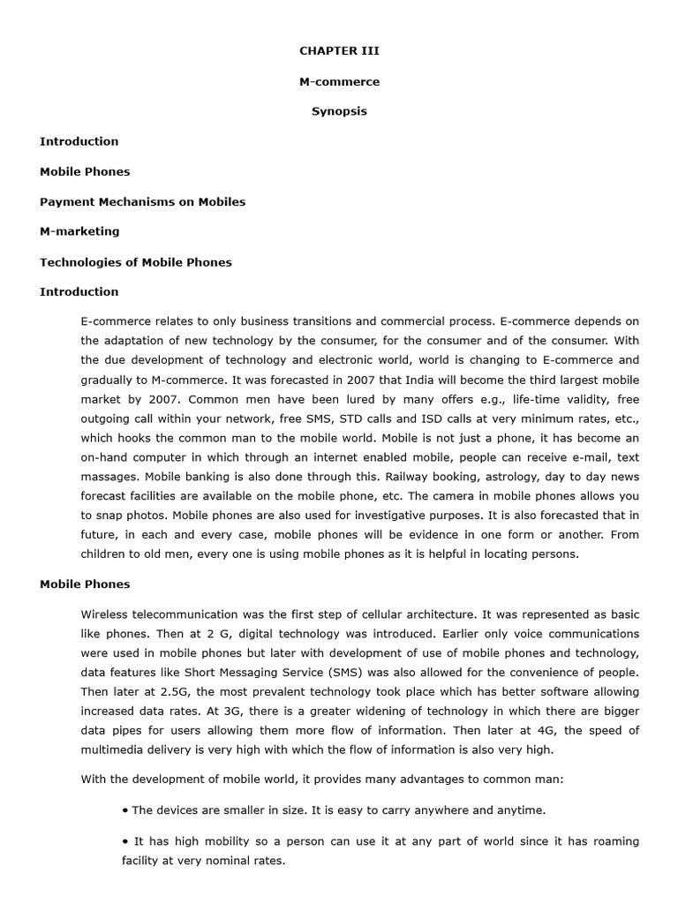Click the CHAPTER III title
(339, 51)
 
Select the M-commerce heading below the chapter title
(339, 81)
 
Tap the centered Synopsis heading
(339, 111)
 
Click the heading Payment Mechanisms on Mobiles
(142, 201)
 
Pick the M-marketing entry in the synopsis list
(79, 231)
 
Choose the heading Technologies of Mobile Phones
(136, 261)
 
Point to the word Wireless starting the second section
(105, 614)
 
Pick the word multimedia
(112, 750)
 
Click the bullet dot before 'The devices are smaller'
(125, 810)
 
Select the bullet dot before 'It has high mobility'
(125, 841)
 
